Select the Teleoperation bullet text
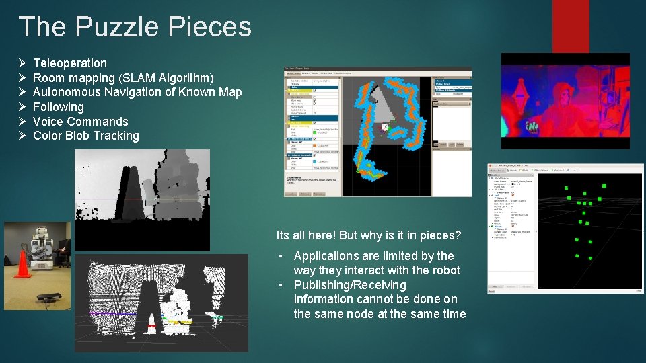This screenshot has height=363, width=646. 70,63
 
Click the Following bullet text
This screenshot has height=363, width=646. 59,107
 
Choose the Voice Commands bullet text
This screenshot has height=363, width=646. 80,122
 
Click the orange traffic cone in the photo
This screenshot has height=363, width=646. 23,264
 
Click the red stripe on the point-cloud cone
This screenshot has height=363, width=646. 151,326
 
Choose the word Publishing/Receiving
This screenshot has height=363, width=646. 350,285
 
